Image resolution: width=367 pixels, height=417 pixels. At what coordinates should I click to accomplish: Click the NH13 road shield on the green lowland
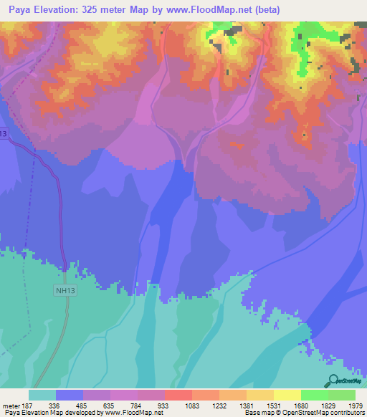[x=65, y=290]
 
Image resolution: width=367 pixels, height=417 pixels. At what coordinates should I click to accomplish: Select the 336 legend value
[x=54, y=406]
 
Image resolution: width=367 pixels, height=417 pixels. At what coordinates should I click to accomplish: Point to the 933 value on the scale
[x=163, y=406]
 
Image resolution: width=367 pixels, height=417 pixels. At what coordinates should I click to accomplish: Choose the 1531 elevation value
[x=272, y=406]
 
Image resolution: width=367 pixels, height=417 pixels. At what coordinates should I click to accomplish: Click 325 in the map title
[x=103, y=10]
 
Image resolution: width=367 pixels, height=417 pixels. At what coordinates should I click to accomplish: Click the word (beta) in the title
[x=265, y=10]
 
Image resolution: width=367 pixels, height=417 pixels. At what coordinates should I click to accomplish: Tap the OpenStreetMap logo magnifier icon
[x=332, y=380]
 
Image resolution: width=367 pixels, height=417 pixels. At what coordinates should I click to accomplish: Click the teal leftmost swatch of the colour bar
[x=42, y=395]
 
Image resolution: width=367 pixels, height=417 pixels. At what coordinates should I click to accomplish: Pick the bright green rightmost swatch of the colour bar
[x=342, y=395]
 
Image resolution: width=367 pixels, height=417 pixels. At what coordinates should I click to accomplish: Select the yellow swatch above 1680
[x=287, y=395]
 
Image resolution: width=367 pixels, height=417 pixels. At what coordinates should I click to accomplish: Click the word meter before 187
[x=9, y=406]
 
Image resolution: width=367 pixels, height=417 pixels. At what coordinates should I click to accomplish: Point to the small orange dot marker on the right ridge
[x=305, y=133]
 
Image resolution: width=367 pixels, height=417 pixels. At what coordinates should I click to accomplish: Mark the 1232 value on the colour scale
[x=217, y=406]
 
